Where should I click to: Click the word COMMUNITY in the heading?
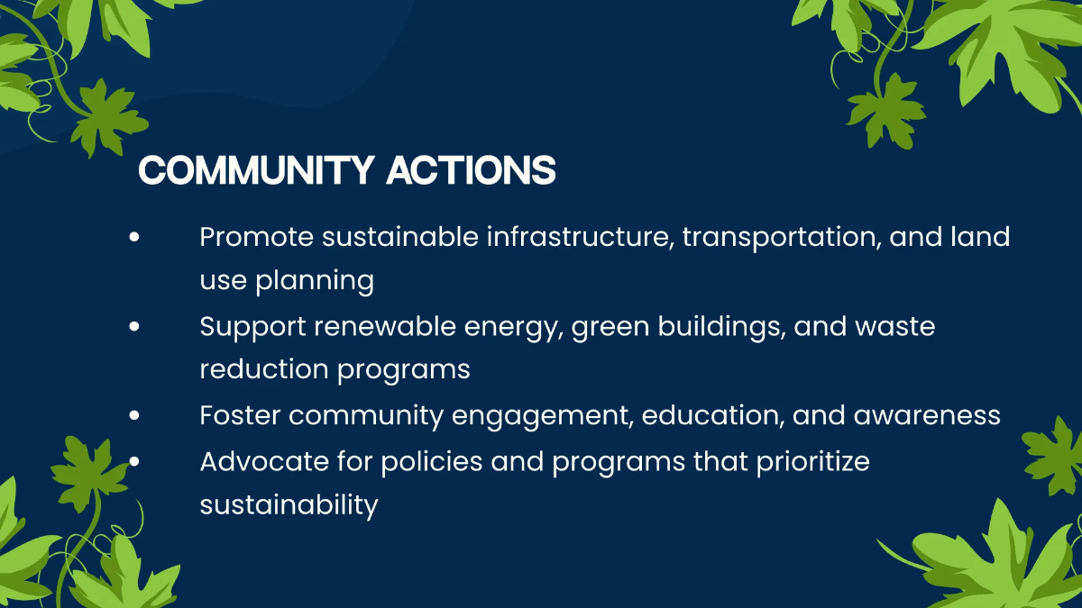pyautogui.click(x=256, y=170)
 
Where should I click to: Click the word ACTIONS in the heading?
pyautogui.click(x=471, y=170)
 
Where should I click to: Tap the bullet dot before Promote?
pyautogui.click(x=134, y=237)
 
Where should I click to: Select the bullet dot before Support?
pyautogui.click(x=134, y=326)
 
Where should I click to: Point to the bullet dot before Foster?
pyautogui.click(x=134, y=415)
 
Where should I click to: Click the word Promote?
pyautogui.click(x=256, y=237)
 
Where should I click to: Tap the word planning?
pyautogui.click(x=315, y=281)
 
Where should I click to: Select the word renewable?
pyautogui.click(x=385, y=326)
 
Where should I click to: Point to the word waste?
pyautogui.click(x=895, y=327)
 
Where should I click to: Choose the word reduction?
pyautogui.click(x=264, y=369)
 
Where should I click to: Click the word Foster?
pyautogui.click(x=240, y=415)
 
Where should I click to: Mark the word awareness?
pyautogui.click(x=927, y=416)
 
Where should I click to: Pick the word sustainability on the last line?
pyautogui.click(x=289, y=505)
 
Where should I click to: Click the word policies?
pyautogui.click(x=432, y=462)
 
